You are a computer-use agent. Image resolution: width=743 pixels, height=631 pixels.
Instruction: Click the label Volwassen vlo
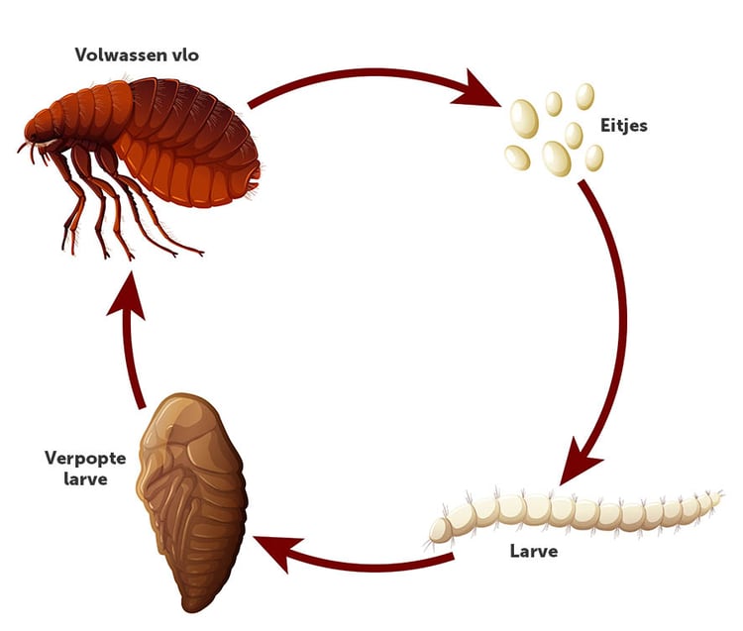click(x=137, y=55)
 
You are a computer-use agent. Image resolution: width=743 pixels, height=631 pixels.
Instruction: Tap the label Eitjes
click(x=624, y=126)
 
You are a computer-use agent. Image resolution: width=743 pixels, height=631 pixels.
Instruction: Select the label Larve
click(x=536, y=551)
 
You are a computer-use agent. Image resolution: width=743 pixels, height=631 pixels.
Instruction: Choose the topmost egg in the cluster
click(x=585, y=95)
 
